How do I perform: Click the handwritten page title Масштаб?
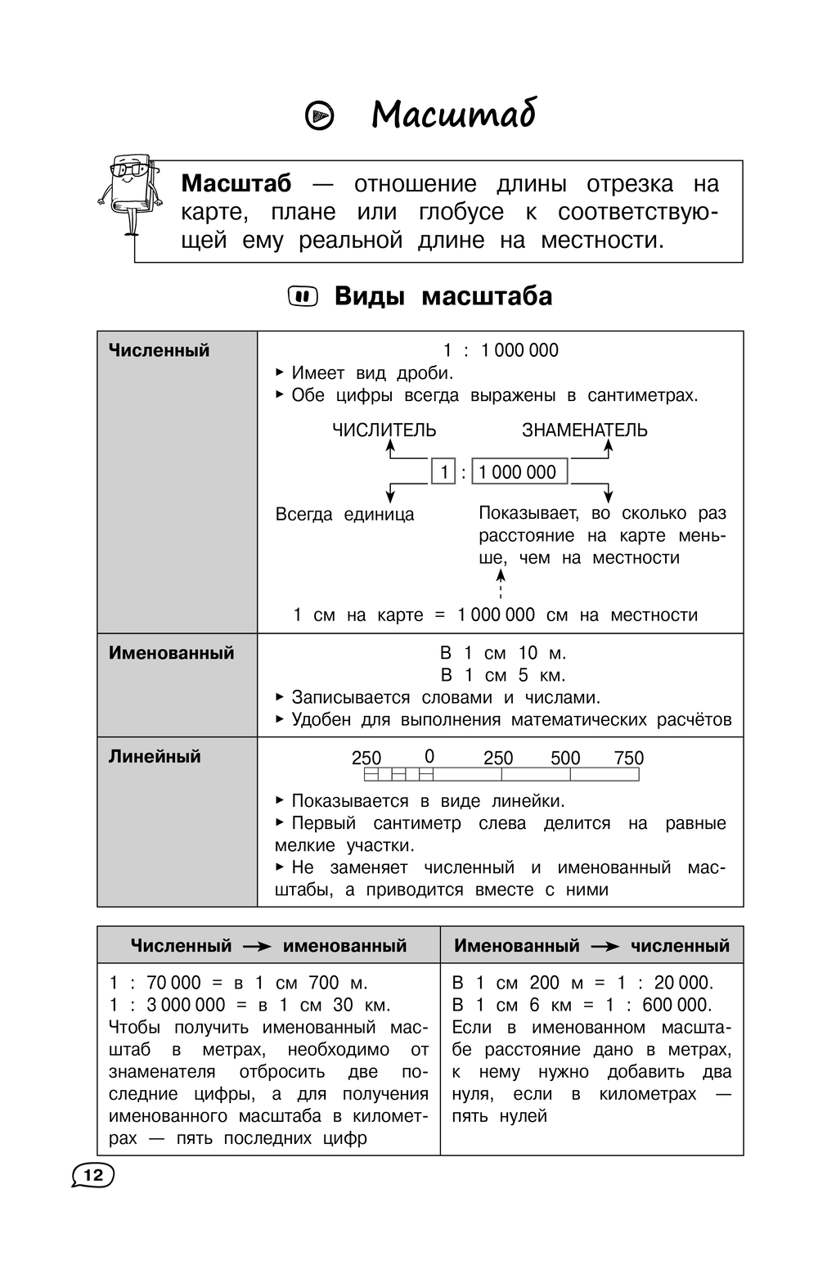click(x=453, y=115)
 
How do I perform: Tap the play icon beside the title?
click(x=319, y=116)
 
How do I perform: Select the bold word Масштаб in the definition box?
click(x=236, y=183)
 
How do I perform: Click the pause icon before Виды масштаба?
click(x=303, y=296)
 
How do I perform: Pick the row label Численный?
click(x=160, y=350)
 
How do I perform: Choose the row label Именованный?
click(x=172, y=653)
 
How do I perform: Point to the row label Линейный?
click(x=155, y=756)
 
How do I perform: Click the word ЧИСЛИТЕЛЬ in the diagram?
click(x=384, y=430)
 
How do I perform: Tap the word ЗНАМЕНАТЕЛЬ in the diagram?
click(x=585, y=430)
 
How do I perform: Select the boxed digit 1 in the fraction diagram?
click(x=443, y=472)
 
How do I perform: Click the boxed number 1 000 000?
click(x=519, y=472)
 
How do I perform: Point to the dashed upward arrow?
click(x=501, y=584)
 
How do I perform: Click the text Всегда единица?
click(x=344, y=515)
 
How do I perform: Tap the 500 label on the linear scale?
click(x=565, y=758)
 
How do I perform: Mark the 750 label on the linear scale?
click(x=629, y=758)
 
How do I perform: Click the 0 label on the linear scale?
click(x=429, y=757)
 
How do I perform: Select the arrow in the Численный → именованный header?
click(x=257, y=947)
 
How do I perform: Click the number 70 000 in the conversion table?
click(x=173, y=983)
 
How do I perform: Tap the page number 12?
click(x=93, y=1176)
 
